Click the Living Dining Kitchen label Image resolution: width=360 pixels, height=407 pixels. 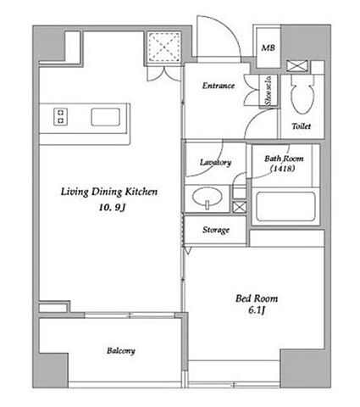tap(109, 192)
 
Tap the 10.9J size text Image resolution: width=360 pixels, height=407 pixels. tap(112, 208)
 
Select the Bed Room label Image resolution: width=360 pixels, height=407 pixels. tap(257, 298)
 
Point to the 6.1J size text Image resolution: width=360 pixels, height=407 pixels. tap(257, 310)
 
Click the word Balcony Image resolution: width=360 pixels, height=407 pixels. tap(121, 351)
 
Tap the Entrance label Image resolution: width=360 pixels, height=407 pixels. tap(219, 86)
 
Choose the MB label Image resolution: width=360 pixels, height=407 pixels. tap(268, 47)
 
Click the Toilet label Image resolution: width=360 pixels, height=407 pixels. tap(302, 126)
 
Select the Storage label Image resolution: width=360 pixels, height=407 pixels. tap(216, 230)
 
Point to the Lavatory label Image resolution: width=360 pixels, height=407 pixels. tap(215, 162)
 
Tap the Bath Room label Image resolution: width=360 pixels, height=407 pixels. tap(284, 159)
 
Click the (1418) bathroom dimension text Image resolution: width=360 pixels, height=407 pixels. tap(283, 169)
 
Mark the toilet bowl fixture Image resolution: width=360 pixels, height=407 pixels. tap(302, 94)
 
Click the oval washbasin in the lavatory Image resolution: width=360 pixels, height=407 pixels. tap(207, 198)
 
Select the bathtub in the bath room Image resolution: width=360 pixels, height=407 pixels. tap(285, 207)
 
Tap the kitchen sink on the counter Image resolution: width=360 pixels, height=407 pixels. tap(105, 117)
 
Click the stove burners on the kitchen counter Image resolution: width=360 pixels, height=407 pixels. tap(60, 117)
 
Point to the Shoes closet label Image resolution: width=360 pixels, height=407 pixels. tap(268, 91)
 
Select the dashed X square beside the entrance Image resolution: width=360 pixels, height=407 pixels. tap(164, 47)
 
